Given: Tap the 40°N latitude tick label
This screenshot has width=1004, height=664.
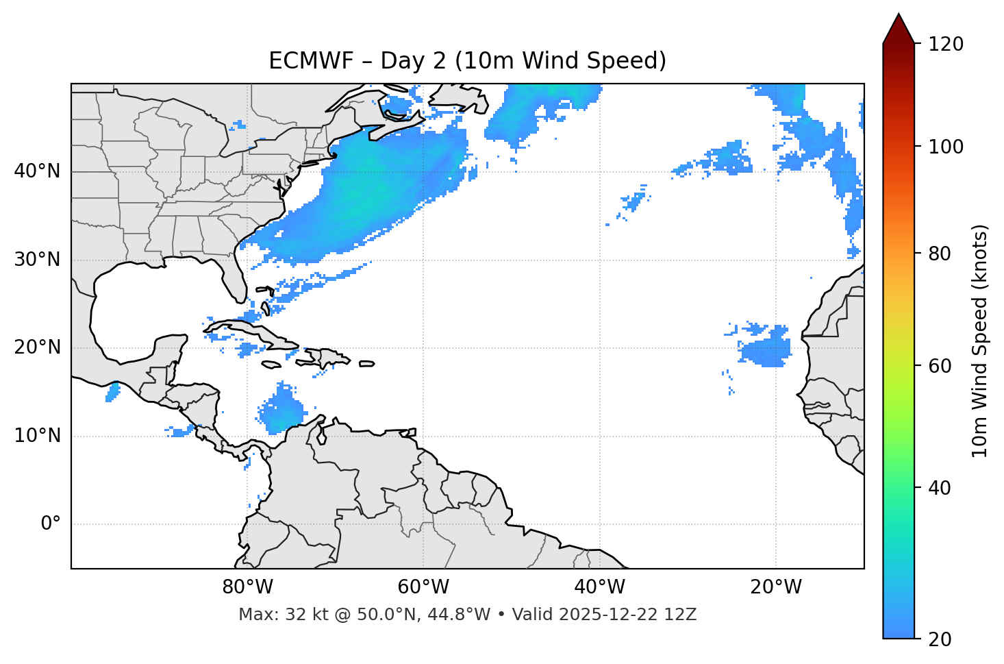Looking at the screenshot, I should tap(37, 171).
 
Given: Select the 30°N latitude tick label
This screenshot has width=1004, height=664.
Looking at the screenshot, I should tap(37, 260).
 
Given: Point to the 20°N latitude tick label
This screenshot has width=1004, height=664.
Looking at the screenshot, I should tap(37, 347).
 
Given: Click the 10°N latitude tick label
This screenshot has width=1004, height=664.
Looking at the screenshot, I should tap(37, 436).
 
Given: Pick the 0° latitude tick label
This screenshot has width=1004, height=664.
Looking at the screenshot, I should tap(51, 524).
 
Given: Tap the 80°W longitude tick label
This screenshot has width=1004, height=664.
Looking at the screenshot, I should tap(247, 587).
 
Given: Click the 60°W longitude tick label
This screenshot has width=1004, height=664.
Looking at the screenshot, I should tap(423, 587).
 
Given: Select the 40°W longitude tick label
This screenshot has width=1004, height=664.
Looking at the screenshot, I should tap(599, 587).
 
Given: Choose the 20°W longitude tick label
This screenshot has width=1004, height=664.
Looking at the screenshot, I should tap(776, 587).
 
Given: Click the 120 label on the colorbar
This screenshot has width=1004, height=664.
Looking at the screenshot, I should tap(946, 45).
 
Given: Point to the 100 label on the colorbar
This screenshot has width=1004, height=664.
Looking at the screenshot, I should tap(946, 147).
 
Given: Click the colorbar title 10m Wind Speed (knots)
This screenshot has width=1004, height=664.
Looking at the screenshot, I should tap(980, 341).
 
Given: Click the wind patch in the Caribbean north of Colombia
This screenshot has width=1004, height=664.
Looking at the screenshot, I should tap(283, 411).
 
